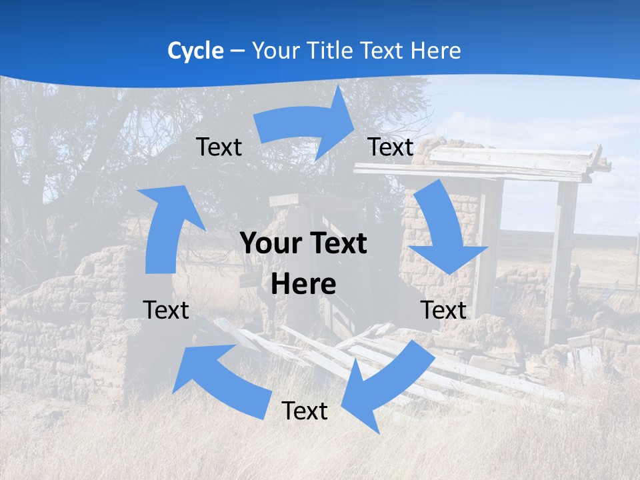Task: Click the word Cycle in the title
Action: [x=195, y=51]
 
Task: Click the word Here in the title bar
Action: [x=437, y=51]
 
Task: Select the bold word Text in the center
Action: [x=337, y=243]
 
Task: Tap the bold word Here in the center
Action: [x=303, y=285]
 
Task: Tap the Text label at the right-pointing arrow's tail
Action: [x=219, y=147]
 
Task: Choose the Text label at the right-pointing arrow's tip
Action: [x=391, y=147]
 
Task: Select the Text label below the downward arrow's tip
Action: [x=443, y=310]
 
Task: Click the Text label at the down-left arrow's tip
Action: [x=305, y=411]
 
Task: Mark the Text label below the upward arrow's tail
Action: [x=166, y=310]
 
